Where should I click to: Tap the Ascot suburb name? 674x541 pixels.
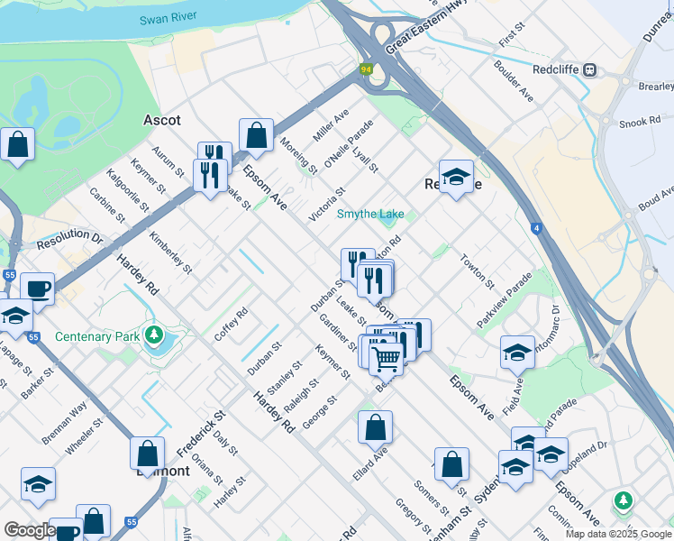coord(162,120)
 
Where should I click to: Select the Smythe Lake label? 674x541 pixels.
coord(370,214)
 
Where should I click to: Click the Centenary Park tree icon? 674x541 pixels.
coord(154,337)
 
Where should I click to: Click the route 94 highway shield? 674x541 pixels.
coord(366,69)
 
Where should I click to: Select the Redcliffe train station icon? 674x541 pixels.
coord(591,69)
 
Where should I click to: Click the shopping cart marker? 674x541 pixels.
coord(386,358)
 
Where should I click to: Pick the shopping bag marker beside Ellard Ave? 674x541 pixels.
coord(375,427)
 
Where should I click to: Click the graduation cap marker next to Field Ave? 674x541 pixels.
coord(517,353)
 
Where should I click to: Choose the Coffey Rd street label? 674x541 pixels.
coord(231,325)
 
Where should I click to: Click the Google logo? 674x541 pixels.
coord(30,530)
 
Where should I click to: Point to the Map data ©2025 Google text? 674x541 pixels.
coord(618,534)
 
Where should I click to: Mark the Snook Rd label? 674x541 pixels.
coord(641,122)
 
